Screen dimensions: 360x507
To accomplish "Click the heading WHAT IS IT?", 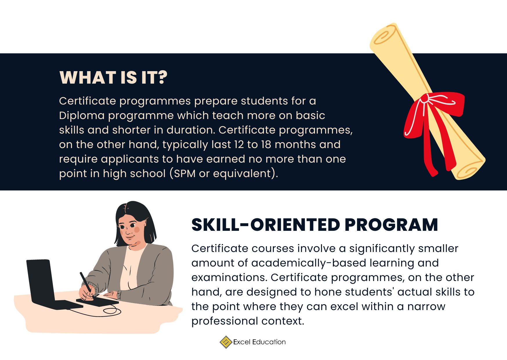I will [x=113, y=78].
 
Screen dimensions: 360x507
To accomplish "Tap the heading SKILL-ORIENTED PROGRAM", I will [x=314, y=225].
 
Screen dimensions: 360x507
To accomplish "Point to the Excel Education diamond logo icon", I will [x=226, y=342].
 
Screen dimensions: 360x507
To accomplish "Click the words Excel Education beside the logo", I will [x=259, y=342].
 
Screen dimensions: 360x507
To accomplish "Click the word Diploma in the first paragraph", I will [x=82, y=116].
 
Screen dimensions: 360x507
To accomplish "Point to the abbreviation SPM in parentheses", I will [x=184, y=174].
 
